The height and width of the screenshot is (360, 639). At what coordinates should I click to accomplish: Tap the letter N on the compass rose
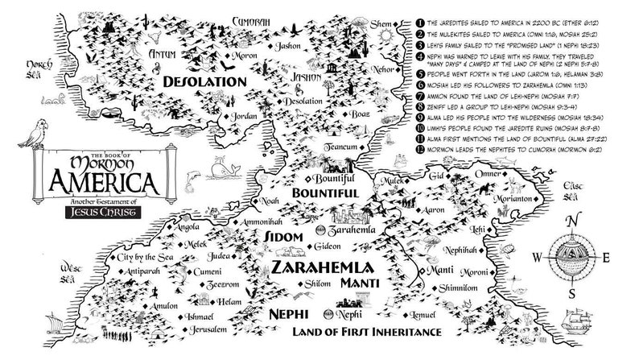(571, 223)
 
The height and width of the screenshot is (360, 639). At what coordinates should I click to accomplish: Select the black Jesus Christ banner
(104, 213)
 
